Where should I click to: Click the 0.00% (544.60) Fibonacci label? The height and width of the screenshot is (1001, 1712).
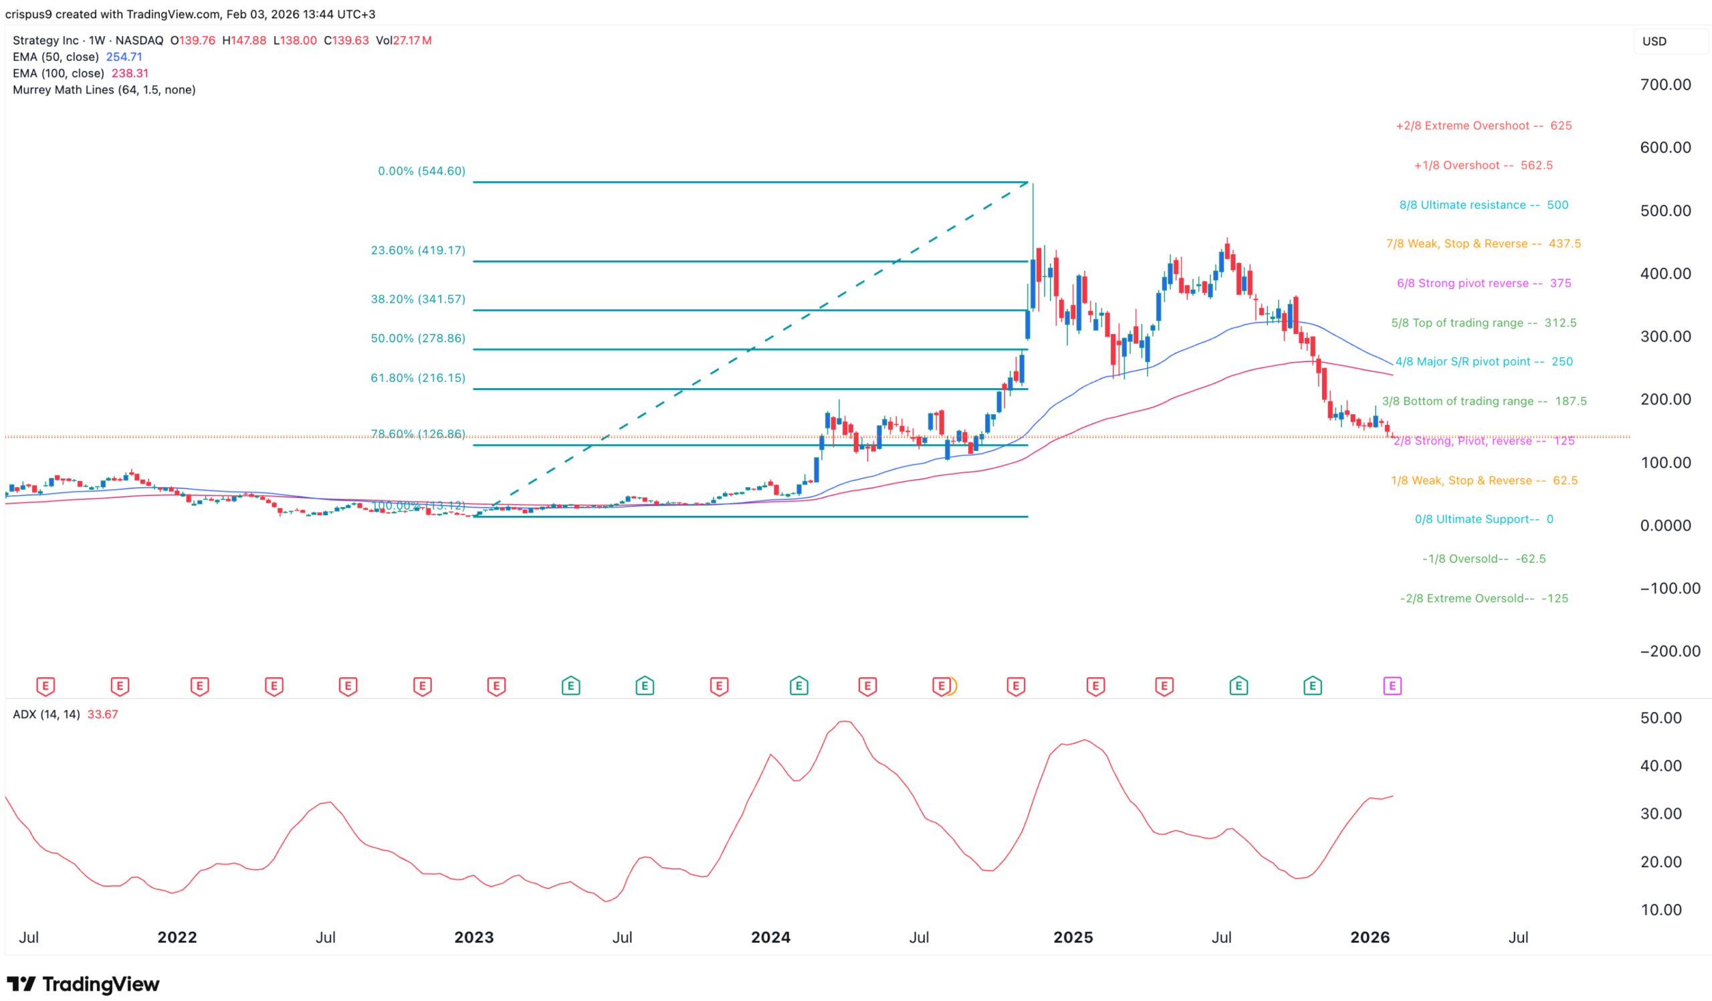click(421, 171)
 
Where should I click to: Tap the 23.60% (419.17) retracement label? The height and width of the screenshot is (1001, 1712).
click(418, 251)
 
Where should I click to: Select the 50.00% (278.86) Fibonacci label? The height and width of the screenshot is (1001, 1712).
click(418, 339)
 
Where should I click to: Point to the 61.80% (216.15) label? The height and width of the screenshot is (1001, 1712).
click(418, 378)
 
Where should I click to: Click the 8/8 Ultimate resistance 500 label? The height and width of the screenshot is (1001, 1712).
click(1483, 205)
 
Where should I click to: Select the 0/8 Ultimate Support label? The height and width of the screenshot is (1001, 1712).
click(1483, 520)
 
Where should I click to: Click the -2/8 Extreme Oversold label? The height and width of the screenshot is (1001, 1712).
click(1483, 599)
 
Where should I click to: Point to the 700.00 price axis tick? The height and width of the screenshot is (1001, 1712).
click(1665, 85)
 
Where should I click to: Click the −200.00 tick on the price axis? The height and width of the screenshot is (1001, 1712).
click(1669, 652)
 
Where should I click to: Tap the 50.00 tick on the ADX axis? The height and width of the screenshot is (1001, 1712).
click(1661, 719)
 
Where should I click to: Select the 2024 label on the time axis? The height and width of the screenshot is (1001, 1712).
click(770, 938)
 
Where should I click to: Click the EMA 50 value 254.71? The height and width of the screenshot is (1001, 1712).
click(124, 57)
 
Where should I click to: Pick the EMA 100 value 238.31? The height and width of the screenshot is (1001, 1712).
click(130, 74)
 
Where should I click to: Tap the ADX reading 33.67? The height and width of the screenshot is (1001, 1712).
click(102, 715)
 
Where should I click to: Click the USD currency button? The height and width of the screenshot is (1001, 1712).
click(1654, 41)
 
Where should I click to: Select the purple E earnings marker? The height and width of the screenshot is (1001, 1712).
click(1392, 687)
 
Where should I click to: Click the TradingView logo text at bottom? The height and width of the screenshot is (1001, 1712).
click(100, 984)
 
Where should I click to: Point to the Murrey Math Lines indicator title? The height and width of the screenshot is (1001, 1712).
click(104, 90)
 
